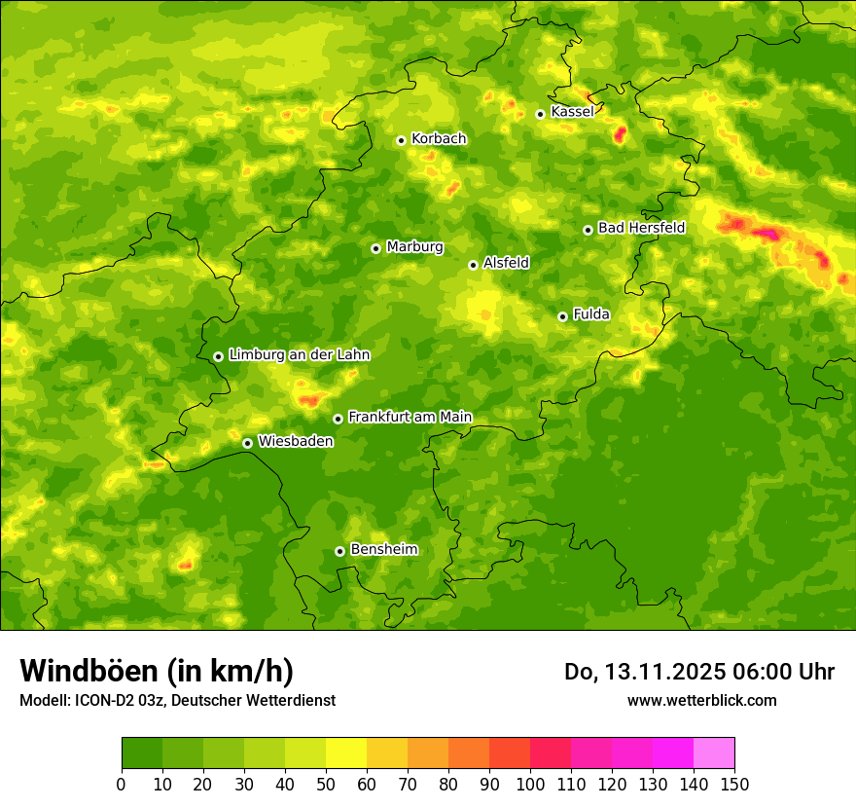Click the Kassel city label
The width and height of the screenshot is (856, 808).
(572, 112)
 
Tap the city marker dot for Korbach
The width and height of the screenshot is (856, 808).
(401, 140)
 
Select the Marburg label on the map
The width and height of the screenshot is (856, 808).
(414, 247)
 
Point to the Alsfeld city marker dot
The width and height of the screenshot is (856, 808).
(473, 265)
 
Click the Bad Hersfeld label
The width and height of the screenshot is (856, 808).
(641, 228)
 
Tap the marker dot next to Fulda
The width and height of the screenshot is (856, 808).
(562, 316)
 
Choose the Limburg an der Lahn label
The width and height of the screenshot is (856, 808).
(300, 355)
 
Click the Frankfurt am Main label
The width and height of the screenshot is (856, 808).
(410, 417)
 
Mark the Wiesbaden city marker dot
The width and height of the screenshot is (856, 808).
(247, 443)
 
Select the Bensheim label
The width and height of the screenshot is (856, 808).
(383, 549)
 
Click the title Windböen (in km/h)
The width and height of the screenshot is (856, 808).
(157, 671)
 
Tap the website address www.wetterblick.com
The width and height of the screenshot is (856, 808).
(701, 700)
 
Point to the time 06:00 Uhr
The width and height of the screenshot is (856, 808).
(785, 672)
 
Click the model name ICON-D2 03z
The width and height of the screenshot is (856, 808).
(114, 700)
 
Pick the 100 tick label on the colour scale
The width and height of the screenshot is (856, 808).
(530, 785)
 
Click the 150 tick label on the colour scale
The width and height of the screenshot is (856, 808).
(734, 785)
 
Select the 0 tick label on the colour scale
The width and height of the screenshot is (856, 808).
(122, 785)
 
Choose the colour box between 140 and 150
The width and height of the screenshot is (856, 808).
(714, 753)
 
